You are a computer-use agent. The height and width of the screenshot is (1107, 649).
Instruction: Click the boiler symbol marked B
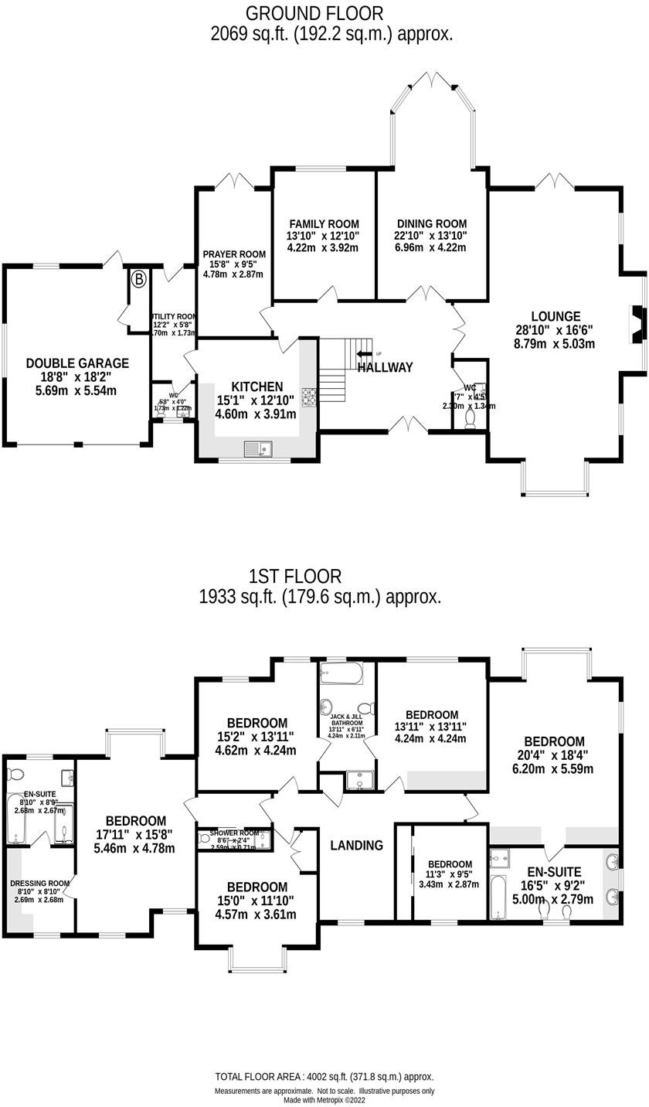point(138,279)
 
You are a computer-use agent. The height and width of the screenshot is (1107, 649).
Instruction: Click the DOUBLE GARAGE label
point(77,363)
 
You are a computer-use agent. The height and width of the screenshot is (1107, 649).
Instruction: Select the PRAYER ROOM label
point(234,254)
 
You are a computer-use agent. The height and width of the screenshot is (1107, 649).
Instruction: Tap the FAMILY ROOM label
point(324,224)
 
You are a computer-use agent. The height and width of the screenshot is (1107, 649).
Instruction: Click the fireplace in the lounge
point(637,324)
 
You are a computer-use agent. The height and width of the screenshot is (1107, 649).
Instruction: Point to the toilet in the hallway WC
point(471,417)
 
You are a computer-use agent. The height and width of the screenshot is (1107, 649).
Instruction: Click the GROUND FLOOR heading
point(314,13)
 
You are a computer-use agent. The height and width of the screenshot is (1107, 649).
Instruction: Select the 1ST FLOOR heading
point(294,577)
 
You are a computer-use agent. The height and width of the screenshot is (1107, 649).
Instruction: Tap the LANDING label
point(356,846)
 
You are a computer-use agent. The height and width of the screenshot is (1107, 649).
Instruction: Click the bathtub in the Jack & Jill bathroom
point(341,673)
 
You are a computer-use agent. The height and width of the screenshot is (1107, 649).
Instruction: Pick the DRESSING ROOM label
point(40,883)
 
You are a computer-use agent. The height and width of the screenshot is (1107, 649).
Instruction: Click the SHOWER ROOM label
point(234,833)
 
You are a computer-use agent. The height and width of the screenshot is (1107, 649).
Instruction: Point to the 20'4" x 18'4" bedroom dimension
point(555,755)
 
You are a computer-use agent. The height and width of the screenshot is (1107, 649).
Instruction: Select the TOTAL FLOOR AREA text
point(324,1077)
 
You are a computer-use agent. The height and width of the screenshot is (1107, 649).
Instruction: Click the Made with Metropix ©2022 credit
point(324,1100)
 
